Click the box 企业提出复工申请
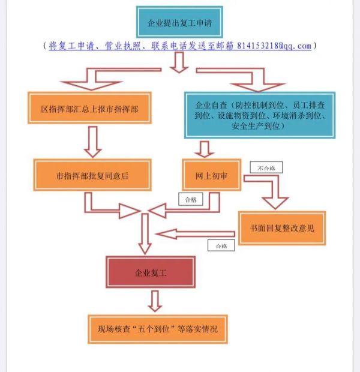pyautogui.click(x=179, y=23)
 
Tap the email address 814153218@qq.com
pyautogui.click(x=274, y=46)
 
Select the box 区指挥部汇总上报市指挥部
pyautogui.click(x=88, y=108)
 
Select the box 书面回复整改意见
pyautogui.click(x=281, y=228)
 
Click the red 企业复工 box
pyautogui.click(x=150, y=273)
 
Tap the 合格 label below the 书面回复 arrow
pyautogui.click(x=220, y=245)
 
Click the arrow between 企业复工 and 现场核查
pyautogui.click(x=155, y=300)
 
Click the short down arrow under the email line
pyautogui.click(x=179, y=62)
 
